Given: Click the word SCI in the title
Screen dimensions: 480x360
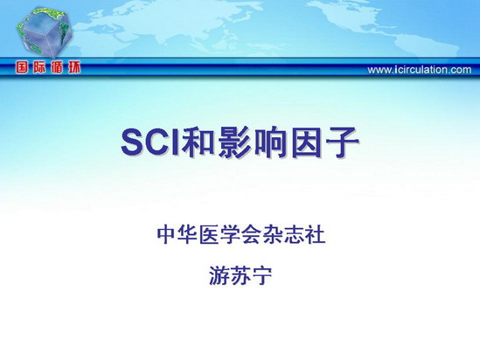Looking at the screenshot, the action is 150,142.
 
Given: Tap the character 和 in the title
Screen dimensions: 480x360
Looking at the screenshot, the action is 198,142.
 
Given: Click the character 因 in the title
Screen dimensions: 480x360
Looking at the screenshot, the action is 307,142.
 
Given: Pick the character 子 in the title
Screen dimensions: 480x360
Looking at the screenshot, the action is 342,142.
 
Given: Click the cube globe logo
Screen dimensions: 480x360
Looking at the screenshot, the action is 44,32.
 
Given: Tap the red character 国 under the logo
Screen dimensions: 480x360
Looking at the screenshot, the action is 22,67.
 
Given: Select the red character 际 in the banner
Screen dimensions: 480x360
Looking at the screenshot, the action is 39,67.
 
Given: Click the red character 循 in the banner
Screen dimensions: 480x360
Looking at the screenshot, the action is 57,67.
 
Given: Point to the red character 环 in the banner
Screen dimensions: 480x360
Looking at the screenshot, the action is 74,67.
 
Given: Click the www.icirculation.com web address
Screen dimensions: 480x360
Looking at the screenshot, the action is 420,70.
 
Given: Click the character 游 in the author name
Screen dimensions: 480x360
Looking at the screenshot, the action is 219,275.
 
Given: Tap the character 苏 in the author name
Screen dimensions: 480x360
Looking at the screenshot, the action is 240,275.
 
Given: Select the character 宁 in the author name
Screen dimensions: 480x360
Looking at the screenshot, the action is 261,275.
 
